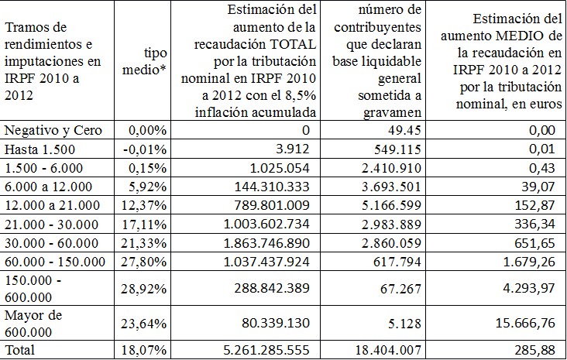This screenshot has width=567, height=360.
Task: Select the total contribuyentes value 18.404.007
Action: click(x=395, y=349)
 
